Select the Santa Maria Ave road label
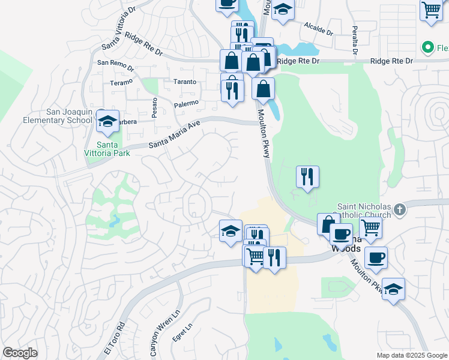click(173, 134)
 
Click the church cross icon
click(401, 210)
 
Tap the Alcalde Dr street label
click(318, 28)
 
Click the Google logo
click(20, 353)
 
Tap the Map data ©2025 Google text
click(411, 355)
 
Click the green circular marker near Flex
click(428, 47)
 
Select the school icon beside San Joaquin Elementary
click(107, 121)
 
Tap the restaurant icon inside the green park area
click(307, 176)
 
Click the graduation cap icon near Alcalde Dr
click(283, 10)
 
